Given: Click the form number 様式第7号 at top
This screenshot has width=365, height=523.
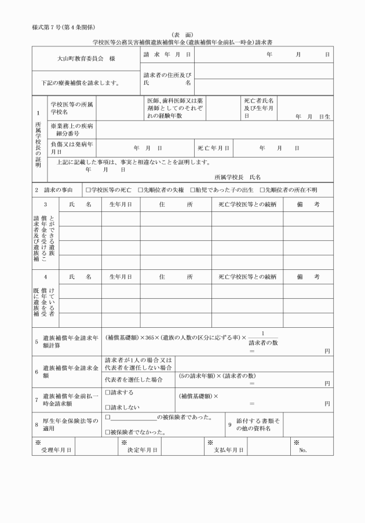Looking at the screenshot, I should click(64, 28).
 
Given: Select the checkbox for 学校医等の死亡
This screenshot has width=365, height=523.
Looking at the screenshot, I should click(88, 190).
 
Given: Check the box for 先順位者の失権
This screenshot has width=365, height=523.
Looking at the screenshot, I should click(140, 190).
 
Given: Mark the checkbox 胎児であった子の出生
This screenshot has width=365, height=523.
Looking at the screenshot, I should click(192, 190).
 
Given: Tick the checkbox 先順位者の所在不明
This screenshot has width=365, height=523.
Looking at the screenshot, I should click(262, 190).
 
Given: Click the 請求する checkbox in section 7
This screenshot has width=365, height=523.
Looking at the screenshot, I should click(107, 393).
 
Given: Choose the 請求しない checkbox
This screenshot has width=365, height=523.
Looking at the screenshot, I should click(107, 407).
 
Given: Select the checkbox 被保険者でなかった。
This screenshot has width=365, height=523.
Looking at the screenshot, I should click(107, 432).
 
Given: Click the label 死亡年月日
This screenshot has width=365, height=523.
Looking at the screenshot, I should click(213, 148).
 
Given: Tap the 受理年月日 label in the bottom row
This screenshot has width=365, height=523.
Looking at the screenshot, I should click(56, 449).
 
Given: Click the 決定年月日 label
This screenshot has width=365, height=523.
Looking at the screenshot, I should click(143, 449).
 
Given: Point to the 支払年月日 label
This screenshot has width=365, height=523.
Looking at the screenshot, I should click(229, 449).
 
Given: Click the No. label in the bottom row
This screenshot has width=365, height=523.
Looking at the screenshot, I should click(302, 449).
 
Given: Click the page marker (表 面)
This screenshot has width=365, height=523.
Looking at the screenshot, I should click(183, 35).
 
